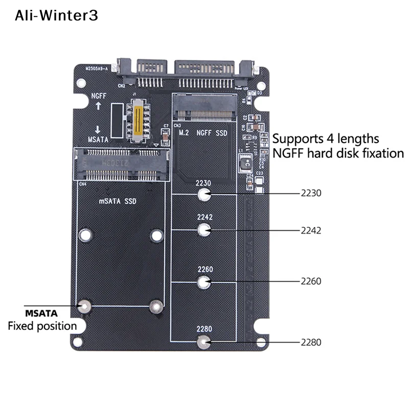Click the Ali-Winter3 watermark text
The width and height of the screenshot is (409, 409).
56,16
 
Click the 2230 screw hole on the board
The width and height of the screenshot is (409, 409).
204,194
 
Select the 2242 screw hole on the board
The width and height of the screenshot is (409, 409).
204,230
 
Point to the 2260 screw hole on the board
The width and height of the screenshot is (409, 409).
204,282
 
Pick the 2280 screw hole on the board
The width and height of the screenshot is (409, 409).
204,342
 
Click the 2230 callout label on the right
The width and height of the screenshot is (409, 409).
311,194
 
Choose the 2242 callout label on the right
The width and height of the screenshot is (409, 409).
311,230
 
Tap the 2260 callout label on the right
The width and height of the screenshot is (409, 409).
311,282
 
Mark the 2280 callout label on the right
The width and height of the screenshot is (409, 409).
311,342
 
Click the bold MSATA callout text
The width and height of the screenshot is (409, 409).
41,313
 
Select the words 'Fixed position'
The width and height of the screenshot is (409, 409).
42,326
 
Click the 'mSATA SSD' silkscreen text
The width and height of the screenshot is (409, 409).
118,201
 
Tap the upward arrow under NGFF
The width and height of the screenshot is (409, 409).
99,107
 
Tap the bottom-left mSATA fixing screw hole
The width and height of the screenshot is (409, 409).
85,306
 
